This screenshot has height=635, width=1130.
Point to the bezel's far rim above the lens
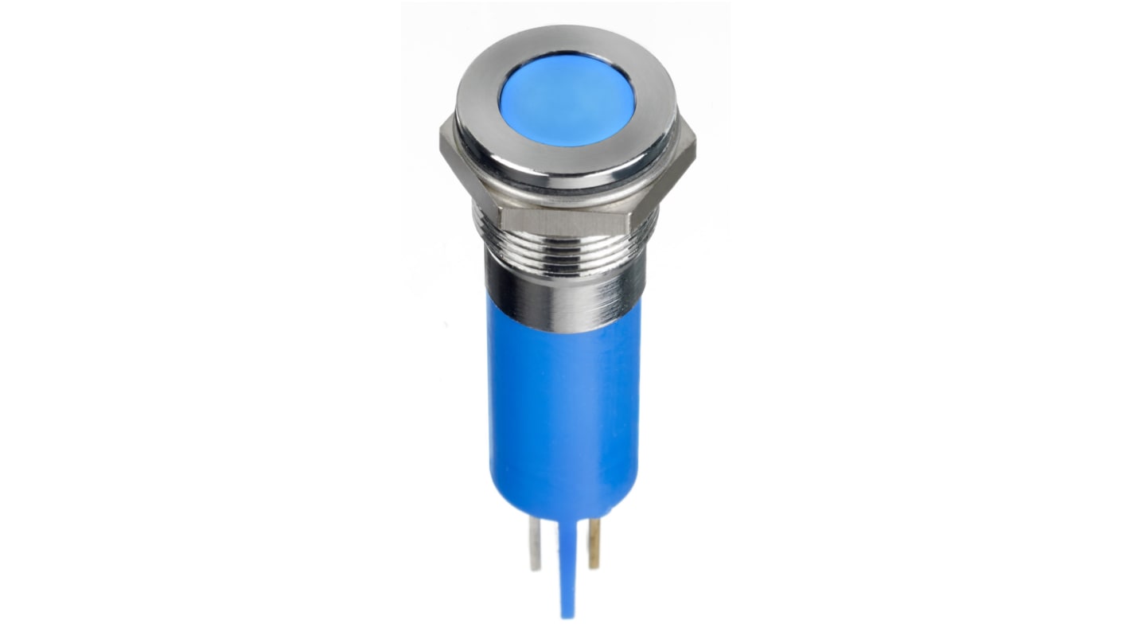pyautogui.click(x=567, y=37)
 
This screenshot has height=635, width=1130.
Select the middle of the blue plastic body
pyautogui.click(x=563, y=406)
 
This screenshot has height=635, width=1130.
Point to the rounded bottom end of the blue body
pyautogui.click(x=563, y=501)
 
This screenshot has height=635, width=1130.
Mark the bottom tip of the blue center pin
pyautogui.click(x=566, y=614)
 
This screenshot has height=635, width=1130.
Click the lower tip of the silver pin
pyautogui.click(x=536, y=567)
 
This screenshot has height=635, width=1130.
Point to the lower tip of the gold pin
pyautogui.click(x=594, y=565)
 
